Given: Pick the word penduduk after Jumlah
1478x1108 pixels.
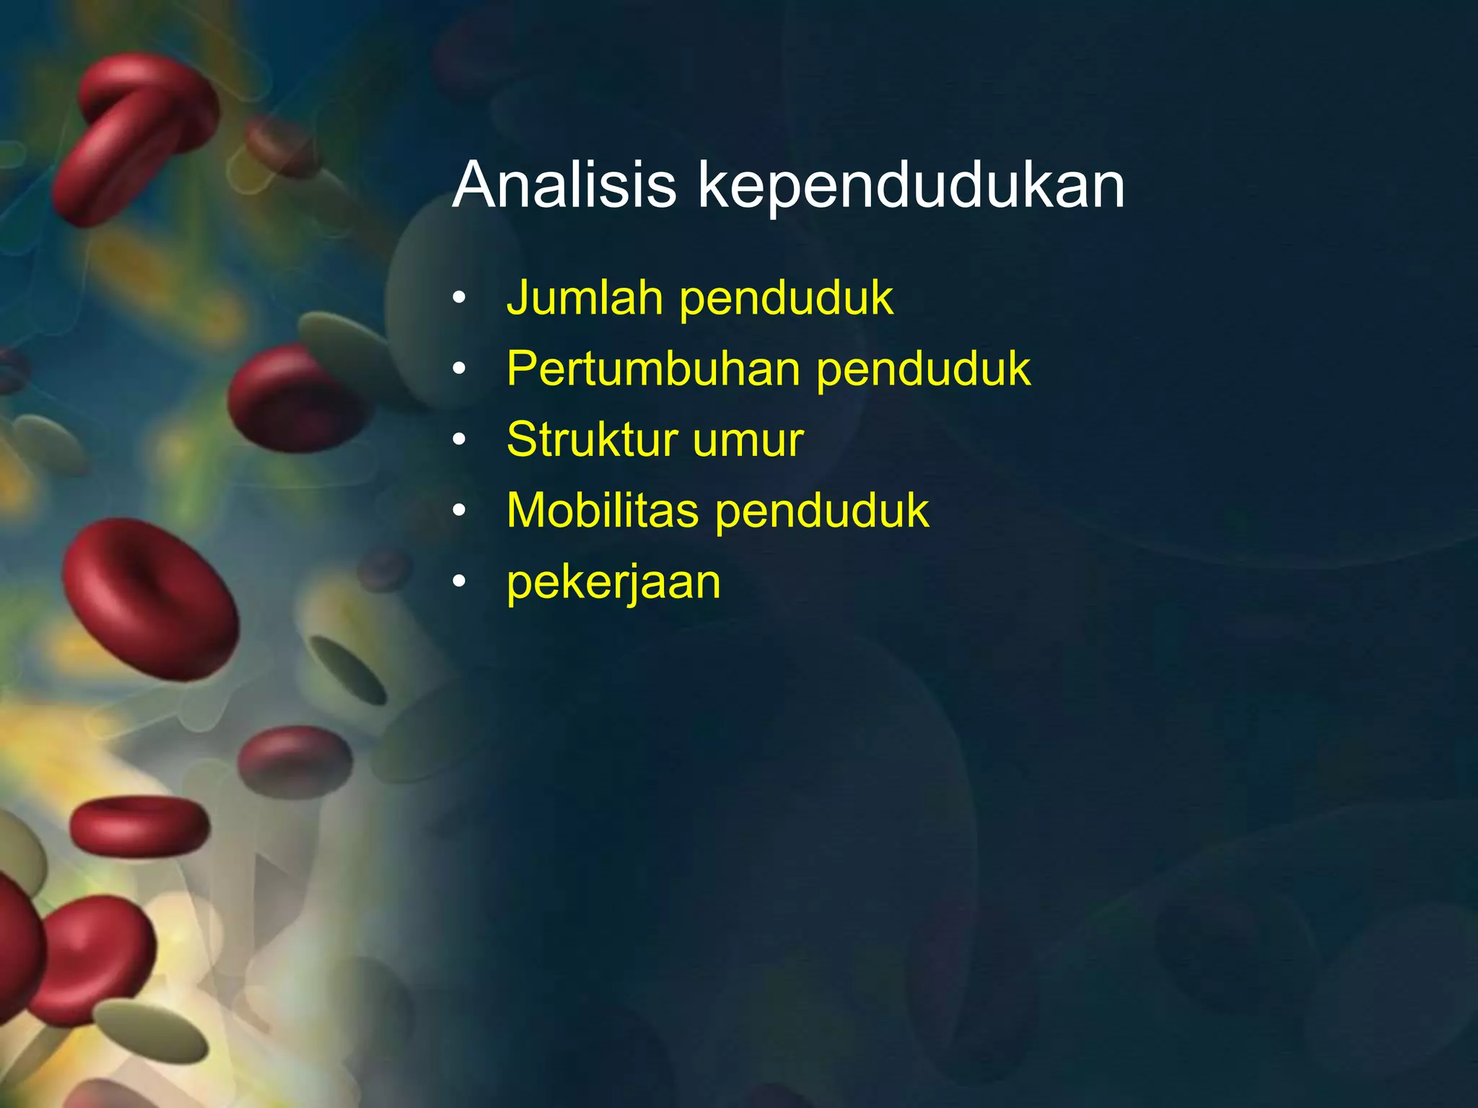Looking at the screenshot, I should tap(787, 299).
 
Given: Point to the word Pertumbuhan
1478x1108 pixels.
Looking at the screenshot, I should tap(654, 369).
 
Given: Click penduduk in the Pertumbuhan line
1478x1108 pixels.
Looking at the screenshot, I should tap(924, 369).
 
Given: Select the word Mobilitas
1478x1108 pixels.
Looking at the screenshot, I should tap(603, 510).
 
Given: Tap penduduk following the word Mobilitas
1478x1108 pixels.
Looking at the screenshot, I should tap(822, 511).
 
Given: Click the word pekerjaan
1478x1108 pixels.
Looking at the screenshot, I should tap(613, 584).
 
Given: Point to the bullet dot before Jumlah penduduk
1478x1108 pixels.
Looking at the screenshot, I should tap(459, 298).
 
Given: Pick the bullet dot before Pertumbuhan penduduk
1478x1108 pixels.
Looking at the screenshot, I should tap(459, 369).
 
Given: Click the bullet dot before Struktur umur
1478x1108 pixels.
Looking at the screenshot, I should tap(459, 440).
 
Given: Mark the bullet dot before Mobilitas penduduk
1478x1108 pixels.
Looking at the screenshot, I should tap(459, 511).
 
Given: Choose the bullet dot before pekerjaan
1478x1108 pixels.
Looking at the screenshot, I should tap(459, 581).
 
